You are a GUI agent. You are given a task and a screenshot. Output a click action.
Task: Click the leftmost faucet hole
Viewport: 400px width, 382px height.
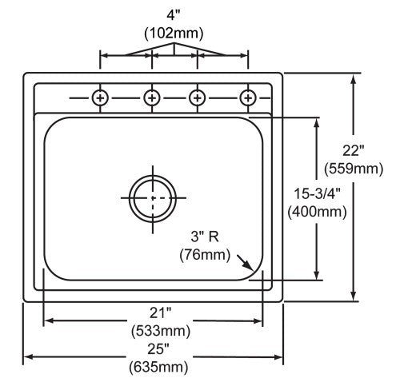tap(100, 98)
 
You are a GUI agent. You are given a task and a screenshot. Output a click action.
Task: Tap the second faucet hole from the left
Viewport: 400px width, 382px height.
tap(152, 98)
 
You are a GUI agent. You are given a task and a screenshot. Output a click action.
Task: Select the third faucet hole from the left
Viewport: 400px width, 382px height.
tap(197, 98)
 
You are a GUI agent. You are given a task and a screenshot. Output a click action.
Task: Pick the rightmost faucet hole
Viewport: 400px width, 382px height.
tap(248, 98)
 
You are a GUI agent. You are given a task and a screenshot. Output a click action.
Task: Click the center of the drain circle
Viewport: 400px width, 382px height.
tap(153, 198)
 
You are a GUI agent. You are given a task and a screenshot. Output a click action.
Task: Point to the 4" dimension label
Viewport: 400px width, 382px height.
tap(174, 16)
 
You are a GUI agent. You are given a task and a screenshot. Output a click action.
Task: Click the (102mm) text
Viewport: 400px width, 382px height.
tap(174, 34)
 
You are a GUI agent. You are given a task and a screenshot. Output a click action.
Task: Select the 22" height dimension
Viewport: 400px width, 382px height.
tap(354, 151)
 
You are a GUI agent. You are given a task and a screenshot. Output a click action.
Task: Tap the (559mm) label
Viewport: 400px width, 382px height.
tap(354, 169)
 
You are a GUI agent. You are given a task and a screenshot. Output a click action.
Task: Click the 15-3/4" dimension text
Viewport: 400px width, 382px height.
tap(318, 193)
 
